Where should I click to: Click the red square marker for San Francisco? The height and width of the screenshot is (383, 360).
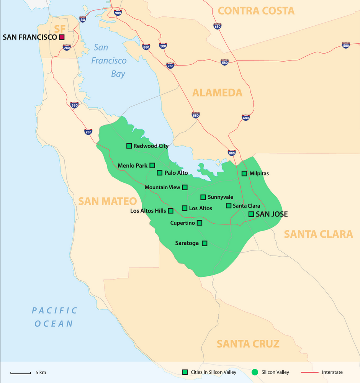pyautogui.click(x=61, y=37)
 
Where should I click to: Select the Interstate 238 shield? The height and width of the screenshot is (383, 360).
pyautogui.click(x=170, y=65)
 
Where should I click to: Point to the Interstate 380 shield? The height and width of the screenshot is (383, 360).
pyautogui.click(x=74, y=105)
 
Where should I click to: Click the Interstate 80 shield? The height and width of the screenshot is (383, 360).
pyautogui.click(x=83, y=19)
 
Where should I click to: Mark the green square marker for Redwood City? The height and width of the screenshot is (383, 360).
pyautogui.click(x=129, y=146)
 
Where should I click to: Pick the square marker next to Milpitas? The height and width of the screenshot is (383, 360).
pyautogui.click(x=244, y=173)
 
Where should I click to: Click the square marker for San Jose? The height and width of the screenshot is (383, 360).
pyautogui.click(x=251, y=214)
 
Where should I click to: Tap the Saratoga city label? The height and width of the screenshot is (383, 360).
pyautogui.click(x=187, y=243)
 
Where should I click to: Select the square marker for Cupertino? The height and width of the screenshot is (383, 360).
pyautogui.click(x=200, y=223)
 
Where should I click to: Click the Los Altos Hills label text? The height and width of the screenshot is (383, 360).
pyautogui.click(x=148, y=211)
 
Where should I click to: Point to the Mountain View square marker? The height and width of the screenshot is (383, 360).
pyautogui.click(x=185, y=187)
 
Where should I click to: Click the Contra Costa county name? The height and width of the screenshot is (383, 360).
pyautogui.click(x=256, y=11)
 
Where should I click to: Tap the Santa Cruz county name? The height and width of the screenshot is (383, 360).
pyautogui.click(x=248, y=344)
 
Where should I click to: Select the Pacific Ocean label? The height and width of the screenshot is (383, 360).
pyautogui.click(x=54, y=317)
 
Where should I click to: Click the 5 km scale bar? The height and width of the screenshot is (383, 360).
pyautogui.click(x=20, y=373)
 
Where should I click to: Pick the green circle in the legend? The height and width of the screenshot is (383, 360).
pyautogui.click(x=255, y=372)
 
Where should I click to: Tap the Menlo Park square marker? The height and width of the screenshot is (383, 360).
pyautogui.click(x=152, y=165)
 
